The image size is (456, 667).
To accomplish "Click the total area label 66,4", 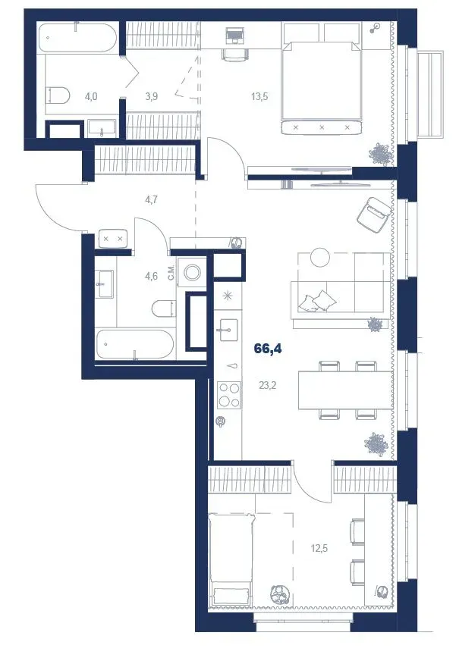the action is tap(268, 349).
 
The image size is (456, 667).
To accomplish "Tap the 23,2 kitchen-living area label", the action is tap(267, 385).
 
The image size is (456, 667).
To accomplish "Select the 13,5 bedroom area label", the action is tap(259, 96).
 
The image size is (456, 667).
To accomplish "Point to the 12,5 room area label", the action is tap(319, 548).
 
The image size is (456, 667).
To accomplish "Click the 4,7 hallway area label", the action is tap(151, 199).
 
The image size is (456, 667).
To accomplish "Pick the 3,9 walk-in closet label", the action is tap(151, 96).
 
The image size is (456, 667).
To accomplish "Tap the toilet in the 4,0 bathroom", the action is tap(58, 95).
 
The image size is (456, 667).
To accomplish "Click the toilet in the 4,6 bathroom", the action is tap(164, 308).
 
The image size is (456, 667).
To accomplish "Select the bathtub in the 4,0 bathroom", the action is tap(77, 37).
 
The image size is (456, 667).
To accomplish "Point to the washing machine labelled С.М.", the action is tap(192, 271).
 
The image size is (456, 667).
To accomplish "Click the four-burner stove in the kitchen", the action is tap(228, 395).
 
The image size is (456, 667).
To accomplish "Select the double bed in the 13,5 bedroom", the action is tap(322, 88).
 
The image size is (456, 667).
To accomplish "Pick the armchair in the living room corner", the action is tap(374, 215).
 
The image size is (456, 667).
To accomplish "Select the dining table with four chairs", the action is tap(346, 390).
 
